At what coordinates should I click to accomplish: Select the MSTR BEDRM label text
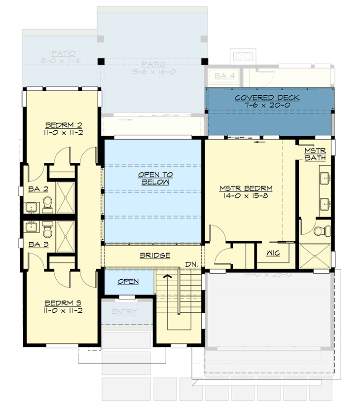coord(246,188)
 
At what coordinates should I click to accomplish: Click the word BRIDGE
coord(155,256)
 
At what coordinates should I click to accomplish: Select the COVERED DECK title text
coord(267,98)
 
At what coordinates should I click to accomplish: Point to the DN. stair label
coord(192,264)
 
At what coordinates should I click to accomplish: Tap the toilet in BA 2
coord(48,204)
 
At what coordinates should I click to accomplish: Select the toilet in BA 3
coord(48,229)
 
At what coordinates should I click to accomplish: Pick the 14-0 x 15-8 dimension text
coord(246,196)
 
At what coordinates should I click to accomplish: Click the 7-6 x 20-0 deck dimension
coord(267,106)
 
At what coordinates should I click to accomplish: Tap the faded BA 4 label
coord(220,76)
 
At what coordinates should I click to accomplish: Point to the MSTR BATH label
coord(314,154)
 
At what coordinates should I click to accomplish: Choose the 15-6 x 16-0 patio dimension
coord(152,72)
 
